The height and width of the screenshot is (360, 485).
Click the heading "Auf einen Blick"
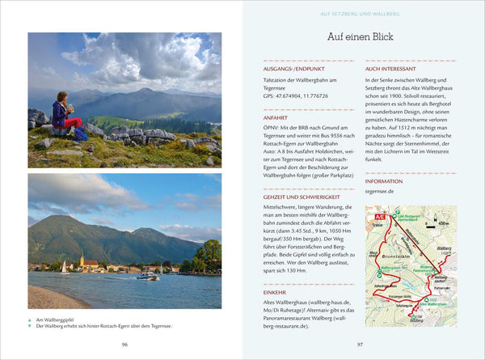point(361,38)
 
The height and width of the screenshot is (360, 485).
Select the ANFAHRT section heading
point(276,117)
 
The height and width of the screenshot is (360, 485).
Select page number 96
point(124,345)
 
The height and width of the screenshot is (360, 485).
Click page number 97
point(361,345)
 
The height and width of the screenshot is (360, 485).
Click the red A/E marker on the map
point(373,217)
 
